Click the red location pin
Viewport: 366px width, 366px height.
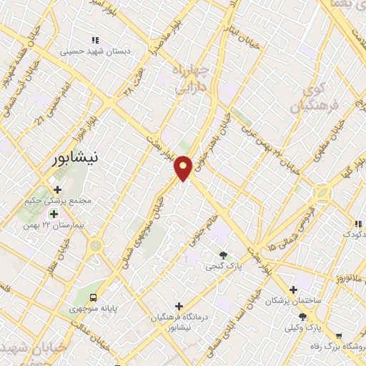tap(184, 167)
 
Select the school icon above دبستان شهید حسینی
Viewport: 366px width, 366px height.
tap(94, 40)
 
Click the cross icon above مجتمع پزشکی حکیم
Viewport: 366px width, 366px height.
tap(58, 189)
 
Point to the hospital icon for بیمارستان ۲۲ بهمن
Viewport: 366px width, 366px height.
tap(54, 214)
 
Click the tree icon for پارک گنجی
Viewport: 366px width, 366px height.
tap(224, 255)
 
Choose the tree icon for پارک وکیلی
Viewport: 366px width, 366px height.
tap(304, 316)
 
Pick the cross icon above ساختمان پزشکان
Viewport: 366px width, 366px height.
tap(292, 290)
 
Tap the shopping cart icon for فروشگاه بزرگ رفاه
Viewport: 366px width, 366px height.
tap(338, 335)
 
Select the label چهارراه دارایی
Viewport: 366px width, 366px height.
tap(190, 77)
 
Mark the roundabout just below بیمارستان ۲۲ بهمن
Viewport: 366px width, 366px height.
tap(94, 246)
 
